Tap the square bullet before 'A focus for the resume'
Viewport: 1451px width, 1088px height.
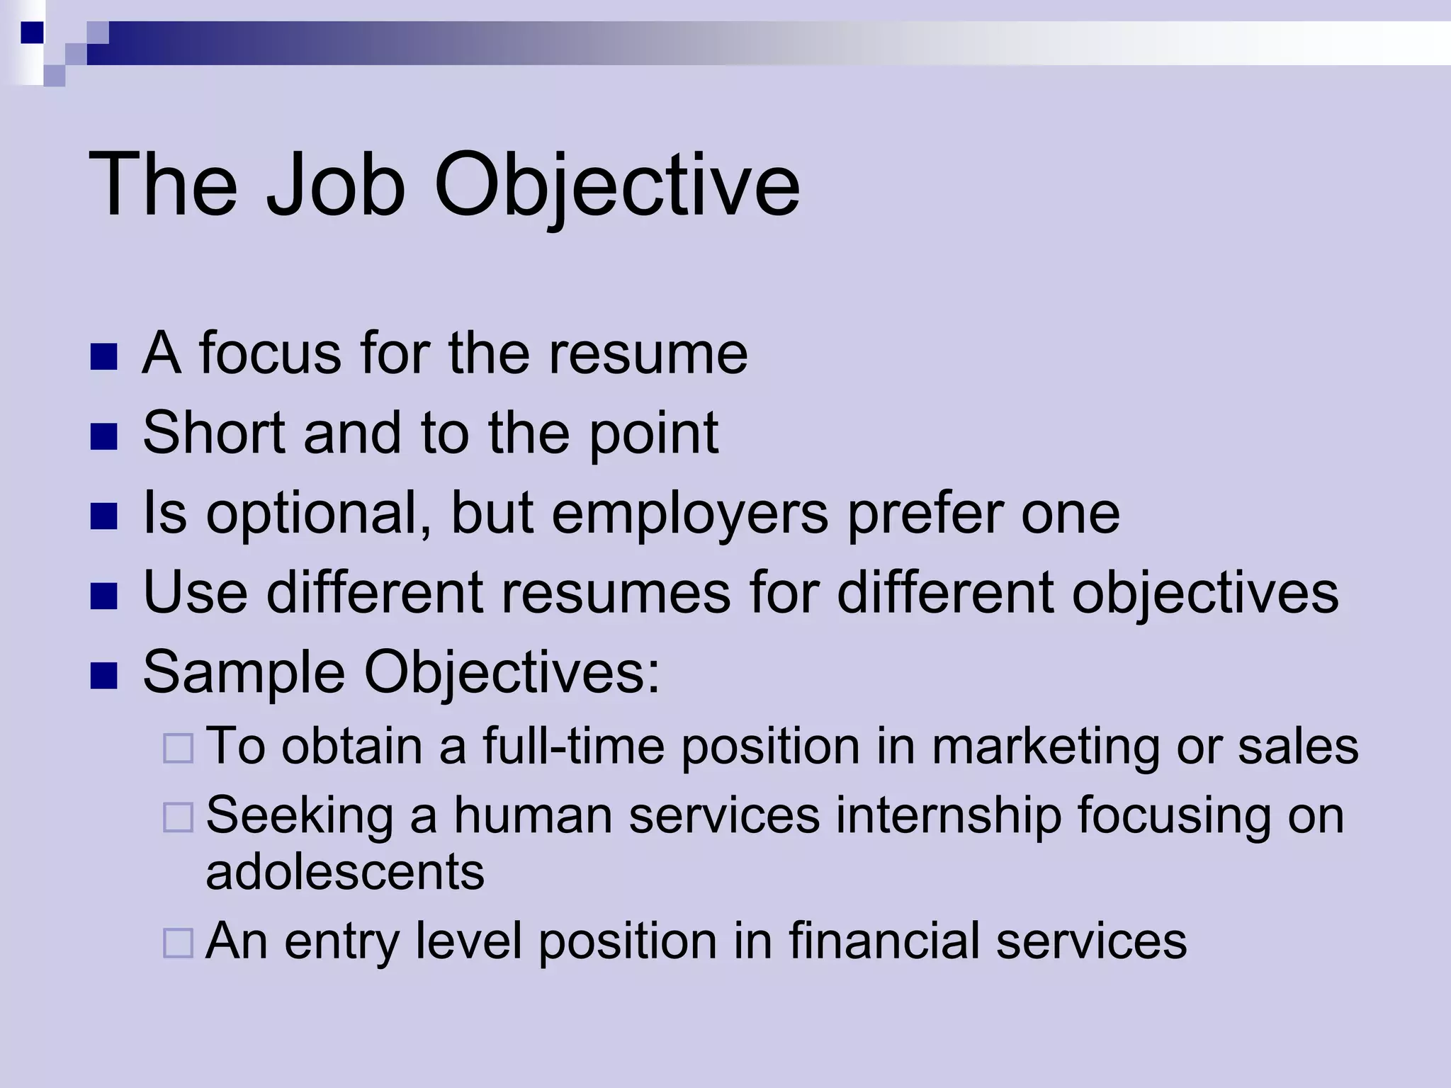point(103,358)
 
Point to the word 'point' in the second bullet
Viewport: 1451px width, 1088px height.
point(653,433)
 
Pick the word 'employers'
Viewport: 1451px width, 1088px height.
point(689,513)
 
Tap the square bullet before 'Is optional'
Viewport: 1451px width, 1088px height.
point(103,517)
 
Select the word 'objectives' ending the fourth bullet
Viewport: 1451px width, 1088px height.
point(1204,594)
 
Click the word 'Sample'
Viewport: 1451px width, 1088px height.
point(244,673)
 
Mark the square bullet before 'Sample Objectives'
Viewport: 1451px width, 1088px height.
point(103,676)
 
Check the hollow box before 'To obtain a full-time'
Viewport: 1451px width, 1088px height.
point(178,749)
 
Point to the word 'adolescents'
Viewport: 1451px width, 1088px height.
point(345,871)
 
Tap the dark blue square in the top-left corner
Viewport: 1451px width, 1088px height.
point(32,33)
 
